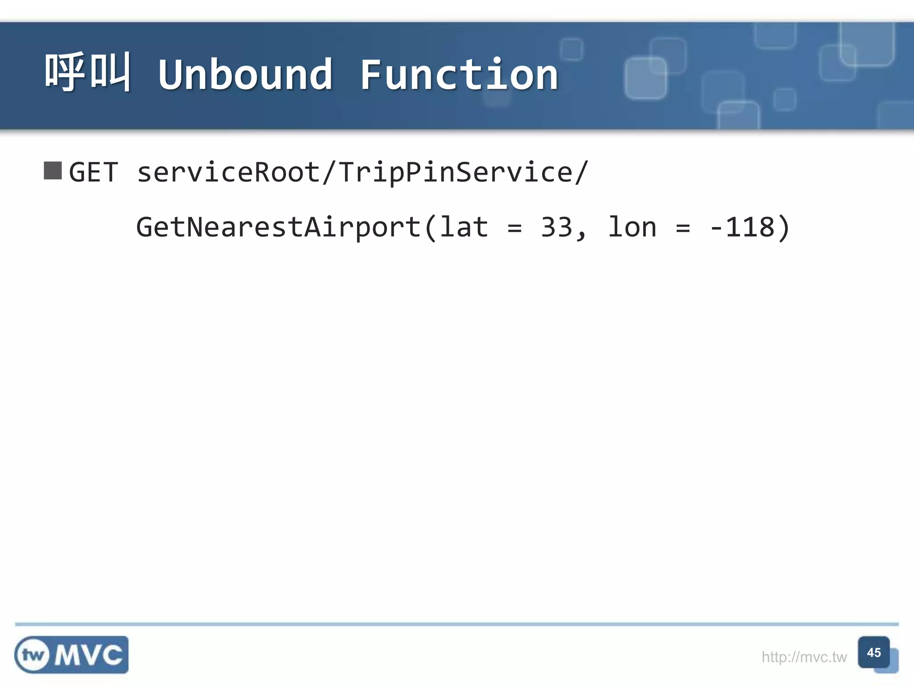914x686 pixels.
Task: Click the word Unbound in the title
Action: [245, 75]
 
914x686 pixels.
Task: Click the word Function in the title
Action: [459, 75]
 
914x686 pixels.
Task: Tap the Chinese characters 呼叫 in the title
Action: [88, 72]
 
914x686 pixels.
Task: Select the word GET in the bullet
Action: [94, 172]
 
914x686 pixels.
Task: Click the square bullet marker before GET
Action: [53, 171]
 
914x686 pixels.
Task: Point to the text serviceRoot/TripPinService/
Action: [362, 172]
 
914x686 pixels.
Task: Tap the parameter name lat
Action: [464, 227]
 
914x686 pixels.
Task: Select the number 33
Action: [557, 227]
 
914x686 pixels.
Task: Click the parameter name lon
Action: [632, 227]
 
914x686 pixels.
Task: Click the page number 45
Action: [874, 653]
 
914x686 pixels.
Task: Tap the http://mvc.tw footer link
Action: [804, 657]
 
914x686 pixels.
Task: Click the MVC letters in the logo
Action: [89, 656]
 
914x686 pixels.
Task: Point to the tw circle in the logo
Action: [33, 655]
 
